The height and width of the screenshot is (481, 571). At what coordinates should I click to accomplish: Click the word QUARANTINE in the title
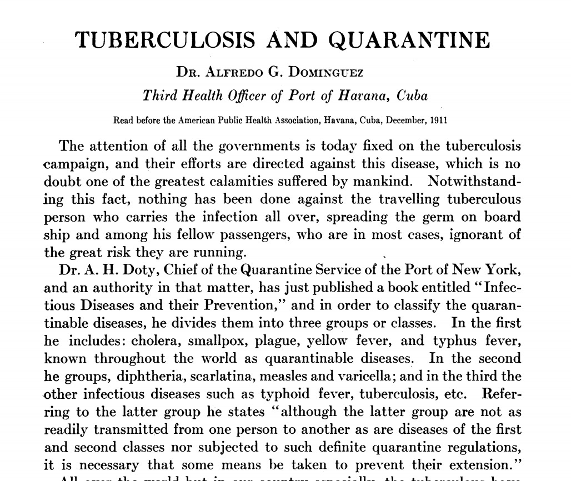point(409,41)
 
